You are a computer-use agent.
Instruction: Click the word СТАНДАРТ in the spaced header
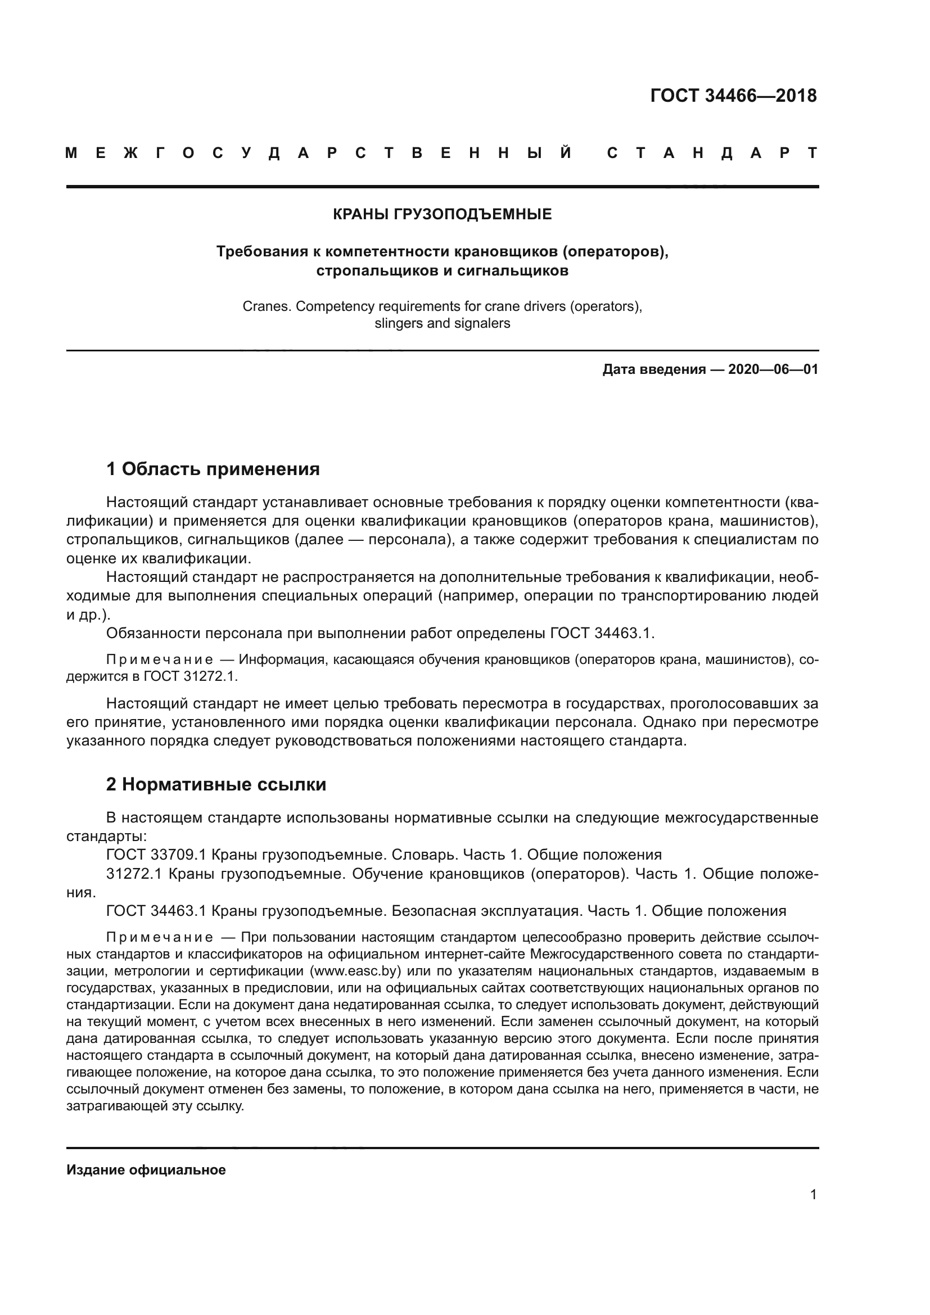[712, 153]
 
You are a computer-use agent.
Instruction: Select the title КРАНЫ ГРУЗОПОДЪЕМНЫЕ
[442, 214]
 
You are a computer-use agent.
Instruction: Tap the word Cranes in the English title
[267, 306]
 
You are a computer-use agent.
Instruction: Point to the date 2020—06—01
[773, 369]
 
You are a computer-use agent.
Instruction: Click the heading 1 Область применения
[213, 469]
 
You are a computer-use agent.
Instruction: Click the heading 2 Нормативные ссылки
[216, 784]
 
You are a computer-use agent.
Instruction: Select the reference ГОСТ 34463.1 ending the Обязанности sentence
[601, 634]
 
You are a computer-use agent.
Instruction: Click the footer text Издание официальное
[146, 1170]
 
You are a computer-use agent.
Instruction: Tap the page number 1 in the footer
[813, 1195]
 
